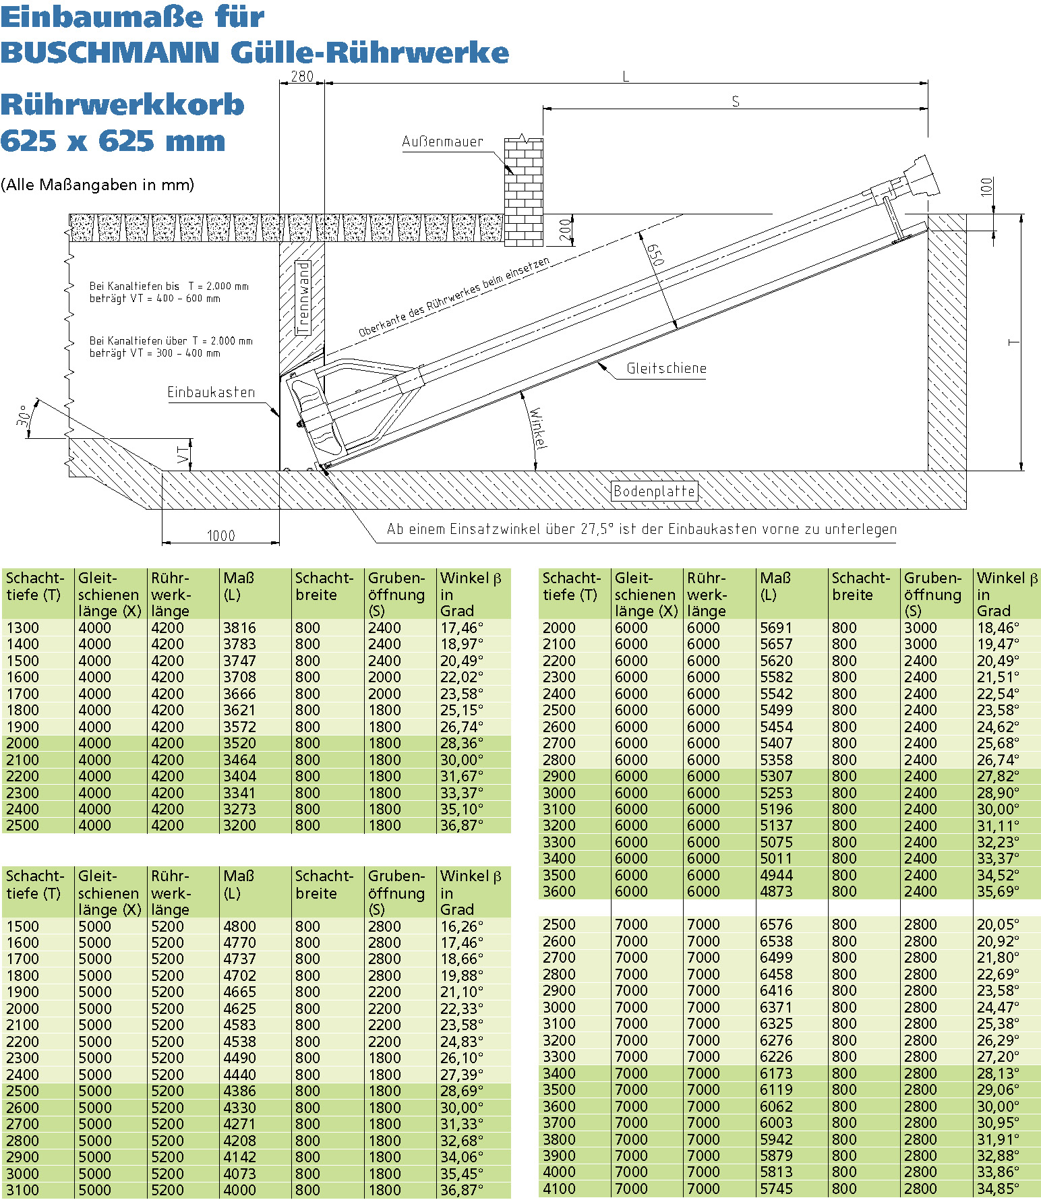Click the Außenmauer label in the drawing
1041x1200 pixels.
(x=442, y=142)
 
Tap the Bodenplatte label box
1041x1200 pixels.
(x=654, y=491)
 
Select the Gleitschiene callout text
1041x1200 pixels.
(x=666, y=368)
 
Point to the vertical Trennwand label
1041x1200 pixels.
(x=304, y=297)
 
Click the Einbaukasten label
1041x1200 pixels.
(x=211, y=392)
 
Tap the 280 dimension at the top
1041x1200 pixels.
(x=301, y=76)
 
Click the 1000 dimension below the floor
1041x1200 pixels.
(x=220, y=535)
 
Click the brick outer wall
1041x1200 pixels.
(x=524, y=192)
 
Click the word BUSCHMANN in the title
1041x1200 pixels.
(x=110, y=53)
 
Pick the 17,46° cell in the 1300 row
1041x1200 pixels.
(x=462, y=628)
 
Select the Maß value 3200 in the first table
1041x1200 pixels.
(x=239, y=825)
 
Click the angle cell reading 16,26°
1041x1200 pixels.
(x=462, y=926)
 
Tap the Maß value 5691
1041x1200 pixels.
(x=776, y=628)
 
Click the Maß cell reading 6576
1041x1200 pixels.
(x=776, y=924)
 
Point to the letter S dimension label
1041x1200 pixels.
(x=736, y=101)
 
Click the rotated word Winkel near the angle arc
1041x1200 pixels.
(x=538, y=428)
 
